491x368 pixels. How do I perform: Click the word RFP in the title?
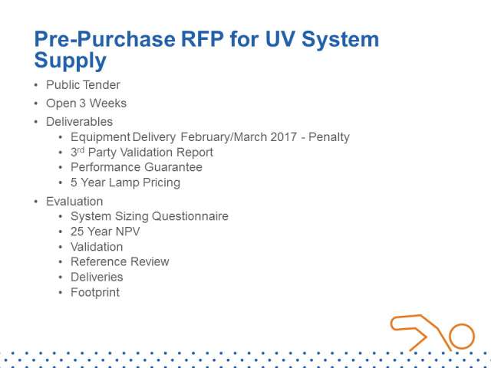coord(202,39)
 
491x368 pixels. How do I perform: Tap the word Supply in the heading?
coord(70,61)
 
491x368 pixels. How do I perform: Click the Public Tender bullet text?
coord(83,85)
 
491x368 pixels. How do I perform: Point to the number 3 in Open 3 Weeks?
coord(82,103)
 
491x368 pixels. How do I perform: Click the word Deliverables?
coord(79,122)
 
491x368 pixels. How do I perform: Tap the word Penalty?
coord(329,137)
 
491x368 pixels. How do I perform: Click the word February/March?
coord(223,137)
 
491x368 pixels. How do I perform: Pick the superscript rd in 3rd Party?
coord(81,149)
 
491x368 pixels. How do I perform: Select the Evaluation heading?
coord(74,201)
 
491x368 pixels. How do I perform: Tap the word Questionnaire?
coord(190,216)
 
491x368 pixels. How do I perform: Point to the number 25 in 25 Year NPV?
coord(77,232)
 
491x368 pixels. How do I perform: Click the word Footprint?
coord(95,293)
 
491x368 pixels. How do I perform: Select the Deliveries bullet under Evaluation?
coord(97,278)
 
